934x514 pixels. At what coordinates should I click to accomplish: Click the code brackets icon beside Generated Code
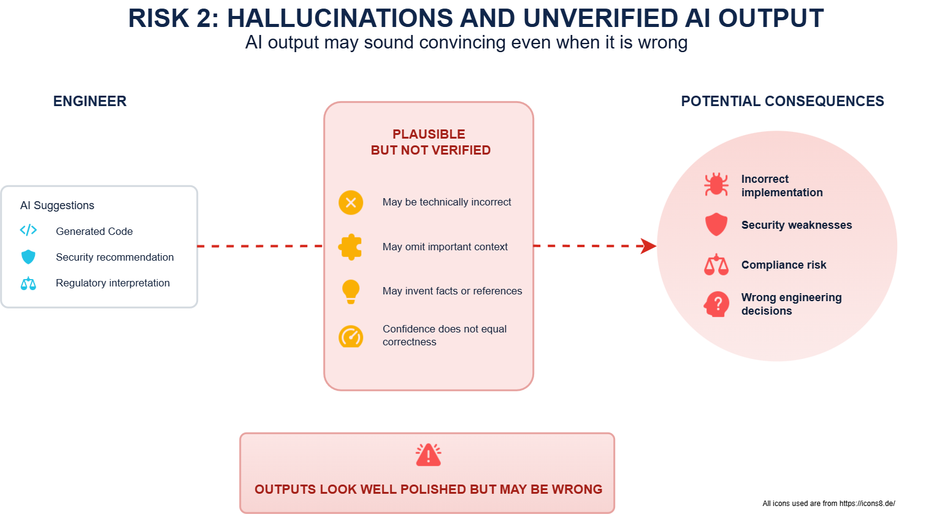(28, 230)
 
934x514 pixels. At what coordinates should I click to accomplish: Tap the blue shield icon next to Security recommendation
(28, 257)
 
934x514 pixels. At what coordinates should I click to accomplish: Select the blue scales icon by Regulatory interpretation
(28, 283)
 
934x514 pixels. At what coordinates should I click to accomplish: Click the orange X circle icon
(351, 202)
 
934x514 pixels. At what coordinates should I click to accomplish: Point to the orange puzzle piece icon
(350, 247)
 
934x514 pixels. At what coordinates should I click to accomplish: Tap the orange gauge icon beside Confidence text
(351, 336)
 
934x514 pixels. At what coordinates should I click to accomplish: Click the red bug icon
(716, 184)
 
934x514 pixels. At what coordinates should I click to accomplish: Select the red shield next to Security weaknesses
(716, 224)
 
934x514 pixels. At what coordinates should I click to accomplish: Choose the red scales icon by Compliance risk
(716, 265)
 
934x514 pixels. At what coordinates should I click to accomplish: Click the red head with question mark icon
(716, 304)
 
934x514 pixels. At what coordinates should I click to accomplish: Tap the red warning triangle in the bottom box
(428, 455)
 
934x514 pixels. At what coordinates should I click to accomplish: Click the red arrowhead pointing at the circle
(648, 246)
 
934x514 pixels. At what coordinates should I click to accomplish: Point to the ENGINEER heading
(90, 101)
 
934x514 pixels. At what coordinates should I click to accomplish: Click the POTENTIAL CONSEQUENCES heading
(783, 101)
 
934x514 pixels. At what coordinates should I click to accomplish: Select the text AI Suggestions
(57, 205)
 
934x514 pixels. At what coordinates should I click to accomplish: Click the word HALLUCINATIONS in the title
(340, 18)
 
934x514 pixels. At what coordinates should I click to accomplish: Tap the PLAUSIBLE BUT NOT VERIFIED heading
(431, 142)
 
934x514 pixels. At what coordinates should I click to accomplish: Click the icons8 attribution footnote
(829, 504)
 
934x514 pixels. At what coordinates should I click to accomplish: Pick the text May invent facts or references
(453, 291)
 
